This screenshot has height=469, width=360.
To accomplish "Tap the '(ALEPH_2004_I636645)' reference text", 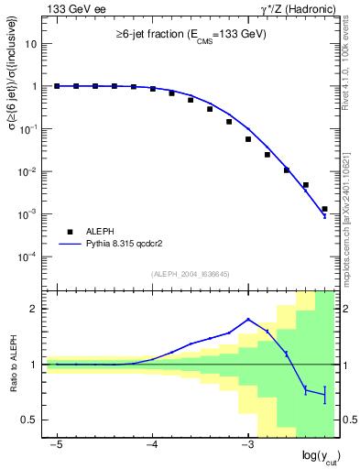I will (x=191, y=273).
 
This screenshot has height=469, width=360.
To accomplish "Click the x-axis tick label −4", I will (x=151, y=444).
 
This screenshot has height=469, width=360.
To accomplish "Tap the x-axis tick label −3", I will (x=246, y=444).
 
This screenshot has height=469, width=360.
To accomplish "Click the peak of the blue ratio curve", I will (x=248, y=319).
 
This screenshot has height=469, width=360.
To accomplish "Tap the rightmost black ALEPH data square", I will (x=324, y=209).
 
